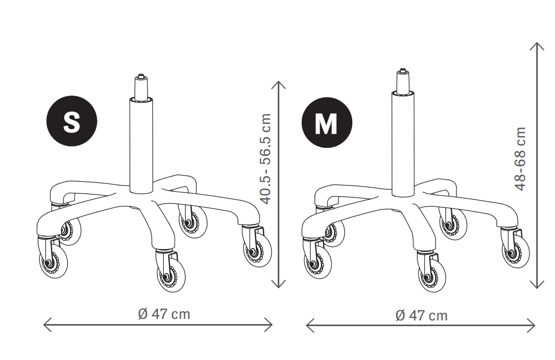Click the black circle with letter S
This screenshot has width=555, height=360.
(x=72, y=121)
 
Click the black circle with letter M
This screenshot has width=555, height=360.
(x=327, y=122)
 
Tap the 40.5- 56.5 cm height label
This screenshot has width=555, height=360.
(x=265, y=159)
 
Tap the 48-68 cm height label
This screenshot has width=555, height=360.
(x=521, y=158)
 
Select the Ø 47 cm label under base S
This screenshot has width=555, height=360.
(x=164, y=314)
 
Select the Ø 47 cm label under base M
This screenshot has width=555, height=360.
(x=421, y=315)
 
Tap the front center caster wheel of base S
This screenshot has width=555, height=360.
(x=171, y=275)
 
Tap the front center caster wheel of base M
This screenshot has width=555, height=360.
(x=432, y=276)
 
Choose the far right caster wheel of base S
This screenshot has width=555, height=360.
(x=257, y=250)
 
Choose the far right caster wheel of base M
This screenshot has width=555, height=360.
(x=516, y=251)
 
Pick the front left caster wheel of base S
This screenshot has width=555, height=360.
(x=53, y=261)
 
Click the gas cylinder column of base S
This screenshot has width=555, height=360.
(x=141, y=145)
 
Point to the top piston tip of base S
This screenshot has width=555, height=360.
(x=141, y=76)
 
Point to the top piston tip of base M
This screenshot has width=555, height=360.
(x=402, y=70)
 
